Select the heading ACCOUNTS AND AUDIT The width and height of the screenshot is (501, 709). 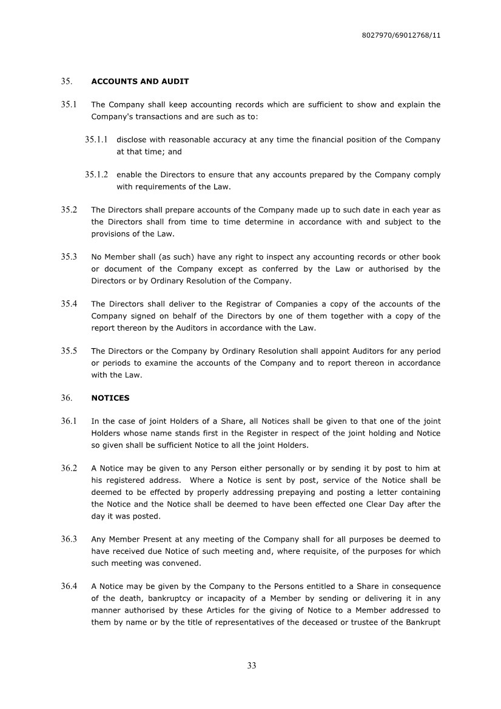pyautogui.click(x=140, y=81)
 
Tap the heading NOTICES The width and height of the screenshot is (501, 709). pyautogui.click(x=110, y=398)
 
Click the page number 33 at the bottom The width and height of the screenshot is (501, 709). pyautogui.click(x=252, y=665)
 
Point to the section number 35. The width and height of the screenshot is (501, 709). pyautogui.click(x=67, y=81)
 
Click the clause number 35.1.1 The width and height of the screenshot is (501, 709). pyautogui.click(x=96, y=140)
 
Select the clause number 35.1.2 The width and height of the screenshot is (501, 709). pyautogui.click(x=96, y=175)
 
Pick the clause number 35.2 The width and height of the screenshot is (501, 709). pyautogui.click(x=69, y=210)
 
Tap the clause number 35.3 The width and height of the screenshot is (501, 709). pyautogui.click(x=69, y=257)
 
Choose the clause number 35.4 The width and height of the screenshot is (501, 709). pyautogui.click(x=69, y=304)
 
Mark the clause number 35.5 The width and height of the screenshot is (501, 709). pyautogui.click(x=69, y=351)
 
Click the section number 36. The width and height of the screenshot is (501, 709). pyautogui.click(x=67, y=398)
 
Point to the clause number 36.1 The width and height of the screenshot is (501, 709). pyautogui.click(x=69, y=422)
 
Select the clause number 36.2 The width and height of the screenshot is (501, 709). pyautogui.click(x=69, y=469)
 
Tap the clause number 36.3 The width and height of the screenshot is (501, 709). pyautogui.click(x=69, y=539)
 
